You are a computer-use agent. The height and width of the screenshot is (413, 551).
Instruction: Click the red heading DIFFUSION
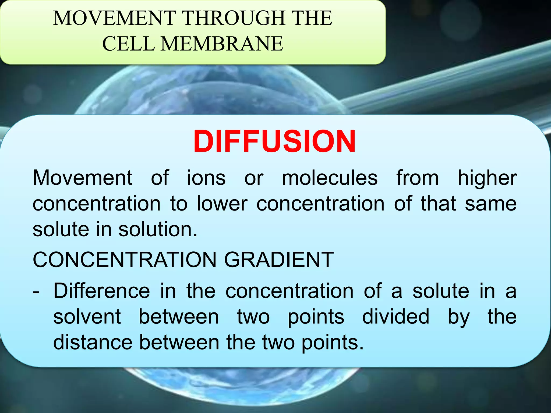coord(274,142)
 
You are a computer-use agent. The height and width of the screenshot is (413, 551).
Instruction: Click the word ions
coord(206,178)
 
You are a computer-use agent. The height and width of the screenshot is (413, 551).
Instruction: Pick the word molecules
coord(330,178)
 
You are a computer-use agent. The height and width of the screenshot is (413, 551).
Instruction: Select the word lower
coord(222,204)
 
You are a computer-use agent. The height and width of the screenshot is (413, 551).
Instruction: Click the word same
coord(491,204)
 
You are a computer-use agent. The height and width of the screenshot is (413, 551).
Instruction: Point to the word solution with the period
coord(158,229)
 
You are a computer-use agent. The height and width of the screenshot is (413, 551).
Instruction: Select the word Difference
coord(102,291)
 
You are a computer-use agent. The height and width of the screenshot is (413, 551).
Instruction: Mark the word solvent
coord(87,317)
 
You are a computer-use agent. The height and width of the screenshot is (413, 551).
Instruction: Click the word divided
coord(395,317)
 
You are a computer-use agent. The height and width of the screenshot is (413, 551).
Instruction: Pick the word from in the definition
coord(418,178)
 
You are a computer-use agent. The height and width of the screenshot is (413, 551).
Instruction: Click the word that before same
coord(438,204)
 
